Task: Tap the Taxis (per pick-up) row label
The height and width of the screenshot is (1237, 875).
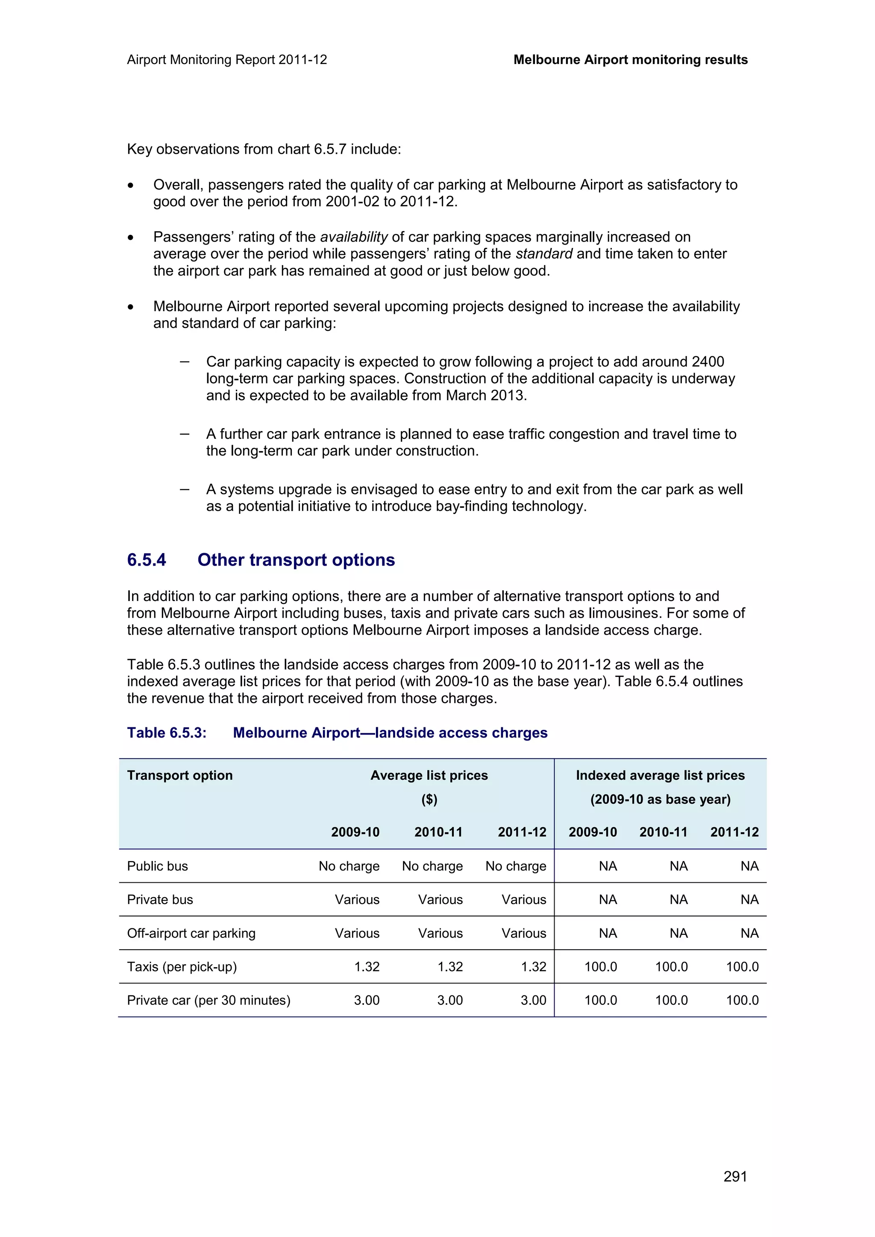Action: (x=182, y=966)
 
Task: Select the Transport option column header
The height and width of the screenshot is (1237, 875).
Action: (x=179, y=775)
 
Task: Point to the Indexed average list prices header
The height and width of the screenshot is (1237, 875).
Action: (x=660, y=775)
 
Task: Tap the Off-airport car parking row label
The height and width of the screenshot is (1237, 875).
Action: (x=191, y=933)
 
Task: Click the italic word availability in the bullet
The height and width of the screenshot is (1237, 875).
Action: (x=354, y=237)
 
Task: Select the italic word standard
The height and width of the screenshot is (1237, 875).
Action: (x=544, y=254)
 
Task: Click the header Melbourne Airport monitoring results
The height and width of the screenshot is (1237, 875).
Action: (x=630, y=60)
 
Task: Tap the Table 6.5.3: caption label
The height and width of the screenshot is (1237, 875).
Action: (x=167, y=733)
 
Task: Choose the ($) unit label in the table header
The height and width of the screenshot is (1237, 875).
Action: (x=429, y=799)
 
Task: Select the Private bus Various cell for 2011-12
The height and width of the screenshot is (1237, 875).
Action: (x=523, y=899)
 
